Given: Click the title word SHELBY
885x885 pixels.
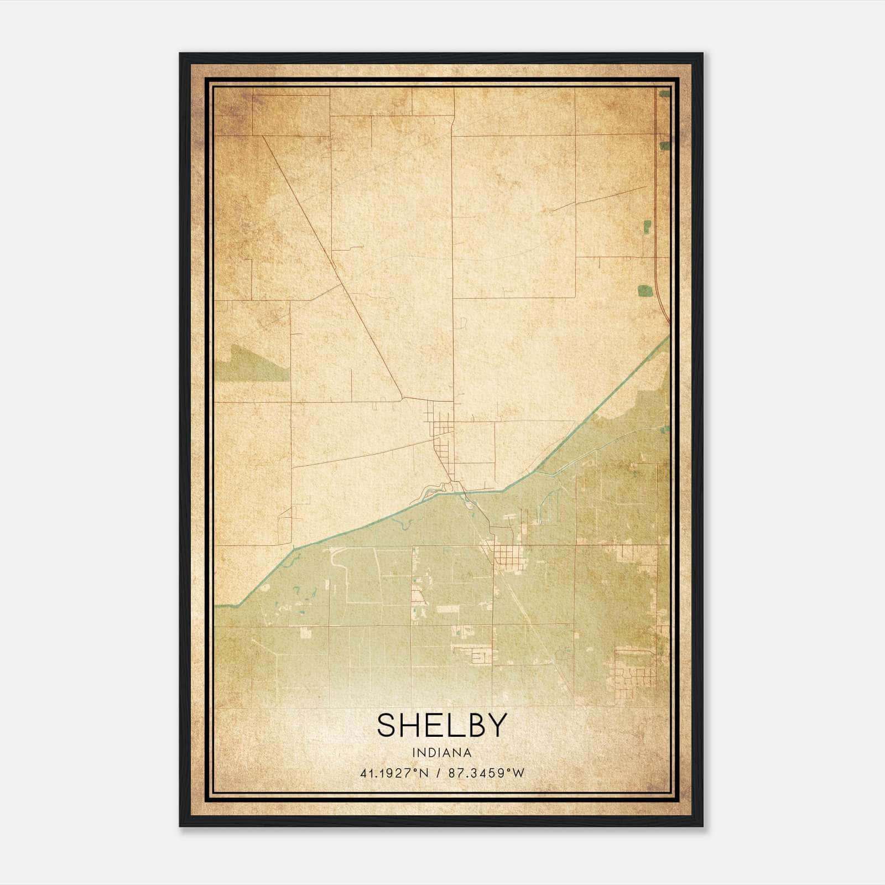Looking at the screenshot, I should tap(441, 725).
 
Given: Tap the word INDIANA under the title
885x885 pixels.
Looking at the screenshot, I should tap(441, 753).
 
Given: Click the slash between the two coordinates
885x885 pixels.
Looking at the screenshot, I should tap(438, 773).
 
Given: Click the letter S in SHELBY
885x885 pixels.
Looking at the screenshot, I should tap(386, 725).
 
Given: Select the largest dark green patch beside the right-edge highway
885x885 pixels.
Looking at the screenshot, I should tap(644, 290).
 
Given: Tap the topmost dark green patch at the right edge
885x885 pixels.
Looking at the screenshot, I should tap(664, 94).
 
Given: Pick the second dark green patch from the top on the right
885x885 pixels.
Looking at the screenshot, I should tap(664, 145).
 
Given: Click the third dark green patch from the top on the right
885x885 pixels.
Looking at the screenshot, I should tap(646, 226).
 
